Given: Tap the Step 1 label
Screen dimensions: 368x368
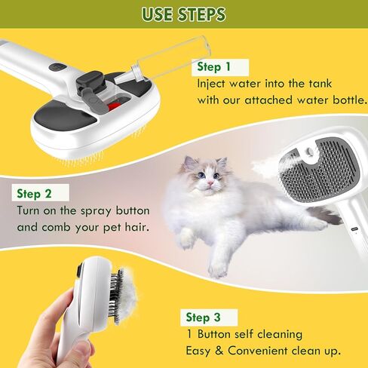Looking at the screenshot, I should [x=214, y=66].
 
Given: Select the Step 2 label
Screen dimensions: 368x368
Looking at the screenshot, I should [x=32, y=193].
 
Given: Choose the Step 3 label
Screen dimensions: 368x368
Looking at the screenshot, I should [x=203, y=317].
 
